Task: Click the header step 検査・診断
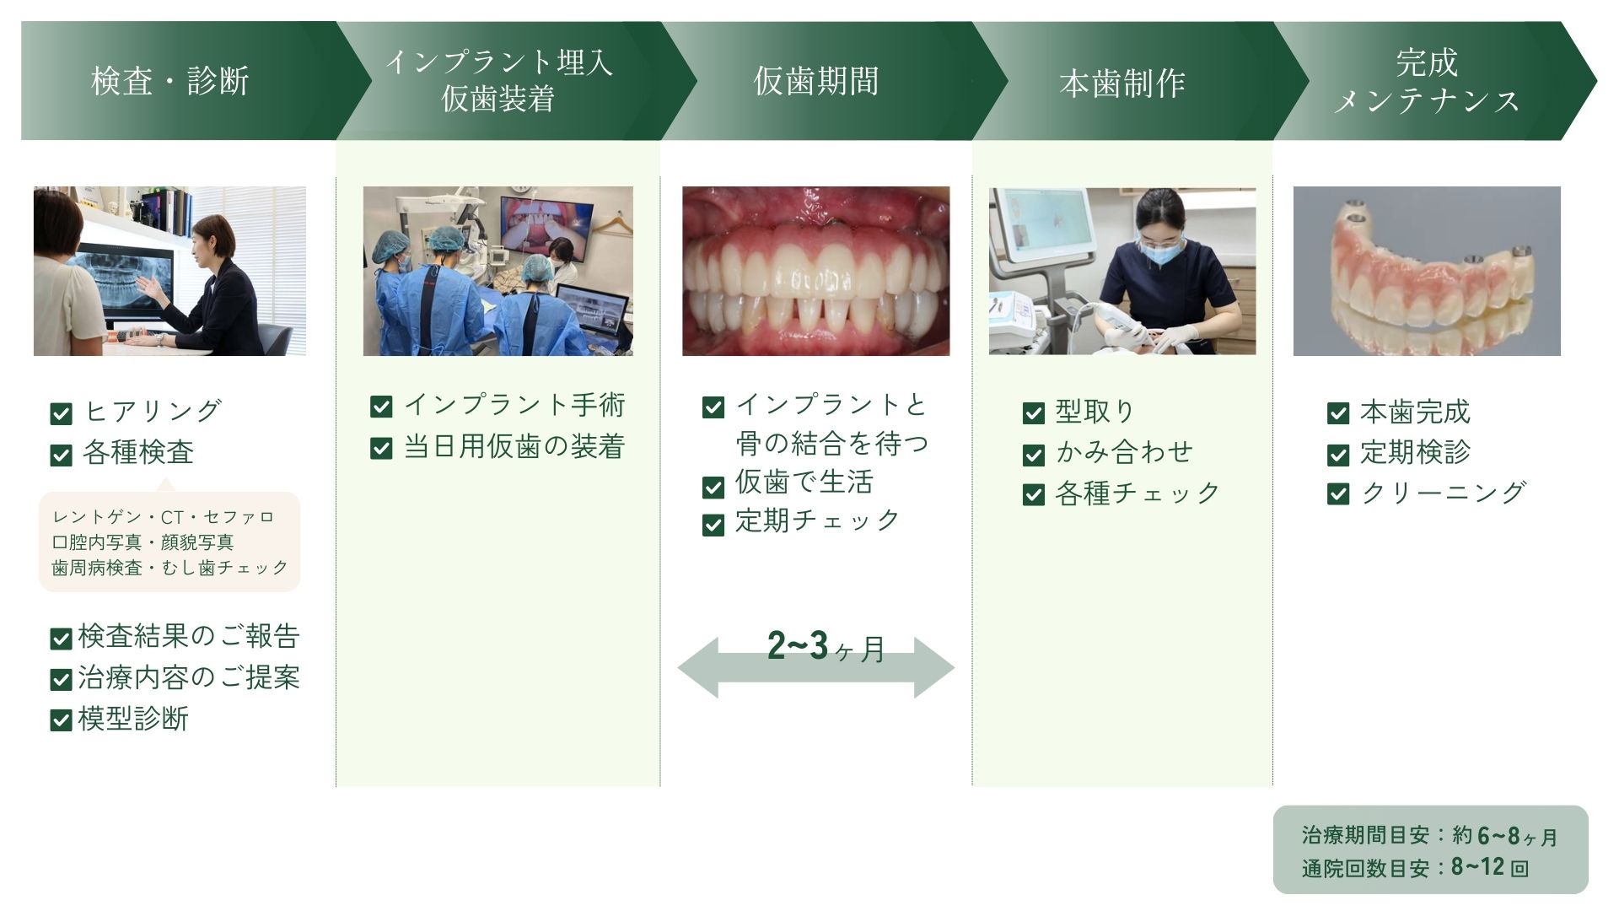(x=170, y=82)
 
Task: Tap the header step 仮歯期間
(x=815, y=82)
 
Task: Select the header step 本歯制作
(x=1122, y=84)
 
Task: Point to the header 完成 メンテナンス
(x=1427, y=81)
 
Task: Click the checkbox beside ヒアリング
(x=61, y=413)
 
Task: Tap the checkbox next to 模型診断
(x=61, y=720)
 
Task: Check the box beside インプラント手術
(x=381, y=407)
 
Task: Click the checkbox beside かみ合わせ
(x=1034, y=455)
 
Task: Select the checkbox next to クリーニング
(x=1338, y=494)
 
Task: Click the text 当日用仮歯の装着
(x=514, y=446)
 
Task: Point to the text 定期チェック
(x=817, y=520)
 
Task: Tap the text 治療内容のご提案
(x=189, y=677)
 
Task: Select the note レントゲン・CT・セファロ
(x=164, y=517)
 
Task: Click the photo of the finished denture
(x=1427, y=271)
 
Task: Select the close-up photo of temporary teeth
(x=815, y=271)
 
